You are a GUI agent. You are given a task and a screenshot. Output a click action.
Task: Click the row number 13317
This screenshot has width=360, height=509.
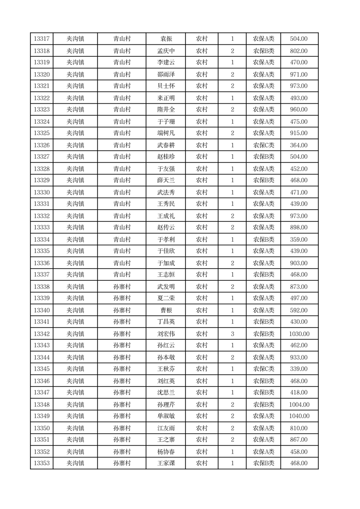pyautogui.click(x=42, y=39)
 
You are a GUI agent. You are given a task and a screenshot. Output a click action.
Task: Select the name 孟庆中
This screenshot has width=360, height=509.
pyautogui.click(x=166, y=51)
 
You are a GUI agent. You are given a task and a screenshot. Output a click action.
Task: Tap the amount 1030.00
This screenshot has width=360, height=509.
pyautogui.click(x=299, y=334)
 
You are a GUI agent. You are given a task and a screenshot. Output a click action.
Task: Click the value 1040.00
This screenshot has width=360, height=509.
pyautogui.click(x=299, y=416)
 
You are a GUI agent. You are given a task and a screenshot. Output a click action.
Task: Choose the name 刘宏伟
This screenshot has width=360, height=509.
pyautogui.click(x=166, y=334)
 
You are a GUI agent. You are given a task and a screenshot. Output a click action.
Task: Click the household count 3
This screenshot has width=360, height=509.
pyautogui.click(x=232, y=334)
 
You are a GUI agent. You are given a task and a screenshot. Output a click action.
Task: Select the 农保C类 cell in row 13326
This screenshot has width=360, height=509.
pyautogui.click(x=263, y=145)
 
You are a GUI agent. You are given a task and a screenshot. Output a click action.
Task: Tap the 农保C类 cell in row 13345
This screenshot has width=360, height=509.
pyautogui.click(x=263, y=369)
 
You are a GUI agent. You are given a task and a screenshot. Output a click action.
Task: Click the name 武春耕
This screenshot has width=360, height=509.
pyautogui.click(x=166, y=145)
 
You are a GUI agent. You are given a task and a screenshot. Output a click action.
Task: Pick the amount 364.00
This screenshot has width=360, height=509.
pyautogui.click(x=299, y=145)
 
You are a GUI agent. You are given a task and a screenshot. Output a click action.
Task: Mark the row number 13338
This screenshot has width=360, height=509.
pyautogui.click(x=42, y=287)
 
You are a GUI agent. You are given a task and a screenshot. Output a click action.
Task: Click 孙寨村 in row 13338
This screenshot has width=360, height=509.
pyautogui.click(x=122, y=287)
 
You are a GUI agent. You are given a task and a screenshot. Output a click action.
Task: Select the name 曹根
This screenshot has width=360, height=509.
pyautogui.click(x=166, y=310)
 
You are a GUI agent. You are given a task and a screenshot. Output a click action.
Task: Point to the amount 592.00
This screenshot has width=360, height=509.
pyautogui.click(x=299, y=310)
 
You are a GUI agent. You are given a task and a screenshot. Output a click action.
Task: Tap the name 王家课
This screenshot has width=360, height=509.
pyautogui.click(x=166, y=463)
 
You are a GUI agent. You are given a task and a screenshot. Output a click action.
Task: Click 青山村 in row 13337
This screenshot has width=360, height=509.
pyautogui.click(x=122, y=274)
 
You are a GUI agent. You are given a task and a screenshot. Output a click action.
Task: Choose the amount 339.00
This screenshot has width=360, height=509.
pyautogui.click(x=299, y=369)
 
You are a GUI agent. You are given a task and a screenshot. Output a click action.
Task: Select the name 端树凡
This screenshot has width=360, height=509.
pyautogui.click(x=166, y=133)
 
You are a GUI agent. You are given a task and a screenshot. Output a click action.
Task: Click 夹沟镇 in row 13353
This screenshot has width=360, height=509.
pyautogui.click(x=75, y=463)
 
